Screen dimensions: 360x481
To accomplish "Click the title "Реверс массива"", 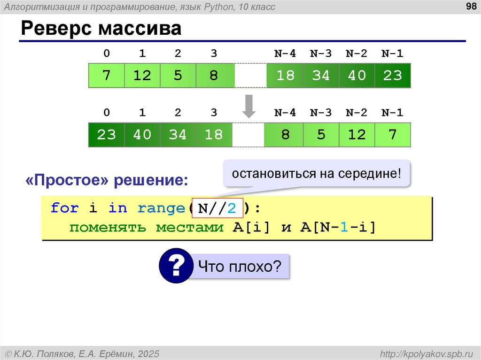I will [x=101, y=29].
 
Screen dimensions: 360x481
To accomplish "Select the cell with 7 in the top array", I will [x=107, y=76].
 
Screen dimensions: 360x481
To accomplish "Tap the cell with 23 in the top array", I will [x=392, y=76].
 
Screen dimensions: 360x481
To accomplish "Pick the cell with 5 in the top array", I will [x=178, y=76].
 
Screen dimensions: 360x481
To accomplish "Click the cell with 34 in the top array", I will [x=321, y=76].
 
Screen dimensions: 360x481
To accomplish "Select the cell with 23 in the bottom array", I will [x=107, y=135].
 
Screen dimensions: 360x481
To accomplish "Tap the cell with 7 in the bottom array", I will [x=392, y=135].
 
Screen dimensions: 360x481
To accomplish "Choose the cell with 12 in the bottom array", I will [x=357, y=135].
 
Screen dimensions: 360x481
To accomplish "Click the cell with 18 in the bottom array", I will [x=214, y=135].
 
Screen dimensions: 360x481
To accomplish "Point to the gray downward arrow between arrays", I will [x=248, y=106].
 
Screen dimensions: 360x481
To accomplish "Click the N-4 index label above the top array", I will [x=285, y=54].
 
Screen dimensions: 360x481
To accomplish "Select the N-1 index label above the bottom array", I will [x=392, y=113].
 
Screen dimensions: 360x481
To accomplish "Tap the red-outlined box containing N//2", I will [x=217, y=208].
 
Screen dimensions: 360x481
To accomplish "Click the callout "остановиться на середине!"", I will [x=316, y=174].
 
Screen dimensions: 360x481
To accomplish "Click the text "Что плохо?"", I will [x=240, y=267].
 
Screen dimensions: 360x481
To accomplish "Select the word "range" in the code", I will [x=162, y=208].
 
